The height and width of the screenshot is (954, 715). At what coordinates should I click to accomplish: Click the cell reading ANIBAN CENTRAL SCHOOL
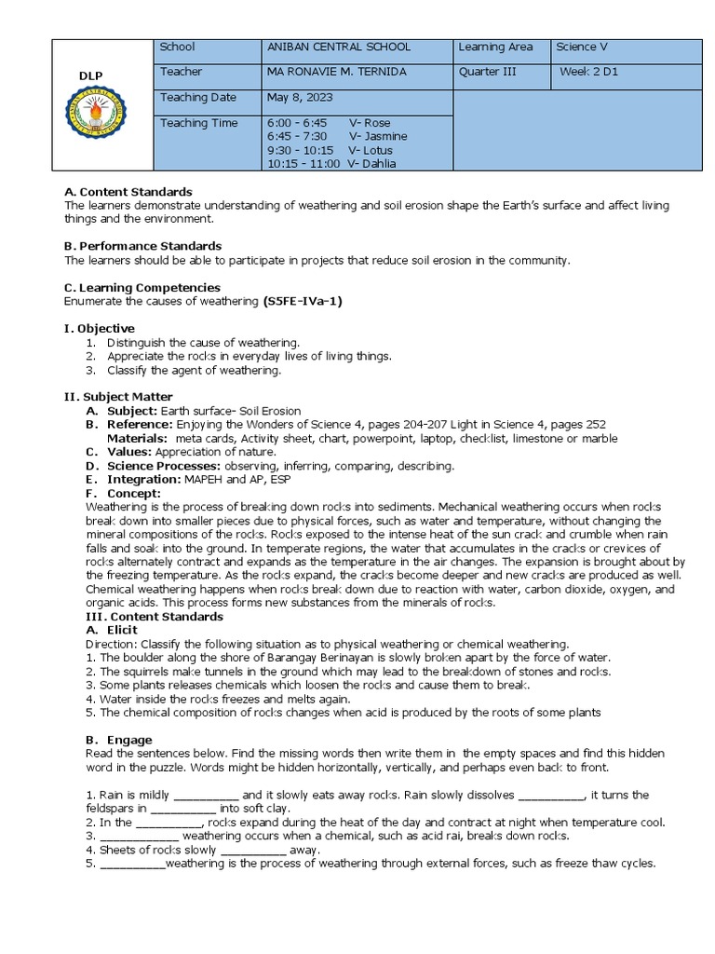(338, 47)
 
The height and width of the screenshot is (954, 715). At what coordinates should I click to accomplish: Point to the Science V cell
(581, 47)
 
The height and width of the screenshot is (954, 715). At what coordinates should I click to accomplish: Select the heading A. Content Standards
(128, 192)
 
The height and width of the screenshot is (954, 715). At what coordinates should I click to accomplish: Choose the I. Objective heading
(99, 328)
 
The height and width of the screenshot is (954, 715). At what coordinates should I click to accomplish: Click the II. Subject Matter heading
(118, 396)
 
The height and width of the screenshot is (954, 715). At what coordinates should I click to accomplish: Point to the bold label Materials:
(137, 438)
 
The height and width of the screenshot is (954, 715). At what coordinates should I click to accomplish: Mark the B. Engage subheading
(115, 740)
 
